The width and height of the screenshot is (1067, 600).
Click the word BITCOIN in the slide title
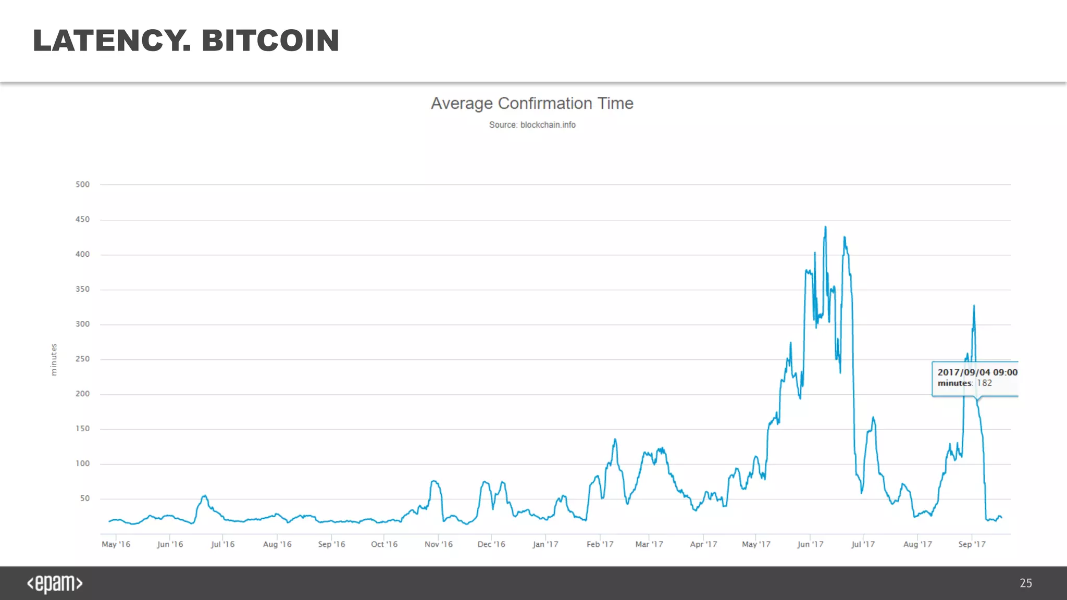(270, 41)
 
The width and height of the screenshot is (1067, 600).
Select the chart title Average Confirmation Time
(532, 103)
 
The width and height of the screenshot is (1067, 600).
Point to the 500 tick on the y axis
(82, 184)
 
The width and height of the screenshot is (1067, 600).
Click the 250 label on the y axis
(82, 359)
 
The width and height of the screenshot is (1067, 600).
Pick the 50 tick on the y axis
(84, 498)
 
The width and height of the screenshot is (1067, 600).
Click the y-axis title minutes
(54, 359)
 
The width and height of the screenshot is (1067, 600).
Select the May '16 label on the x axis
(116, 544)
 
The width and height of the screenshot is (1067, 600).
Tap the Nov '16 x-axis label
(438, 544)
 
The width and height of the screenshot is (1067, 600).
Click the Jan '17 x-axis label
(545, 544)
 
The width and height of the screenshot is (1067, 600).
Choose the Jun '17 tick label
(810, 544)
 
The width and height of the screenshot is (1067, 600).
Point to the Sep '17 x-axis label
(972, 544)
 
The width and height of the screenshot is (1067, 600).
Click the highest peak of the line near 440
(825, 228)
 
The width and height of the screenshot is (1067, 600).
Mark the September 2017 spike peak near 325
(974, 306)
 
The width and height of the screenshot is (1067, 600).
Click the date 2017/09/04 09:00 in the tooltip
(977, 372)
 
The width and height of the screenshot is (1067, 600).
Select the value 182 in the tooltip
(984, 383)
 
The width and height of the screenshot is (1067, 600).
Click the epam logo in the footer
(55, 583)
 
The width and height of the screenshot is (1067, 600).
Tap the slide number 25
(1025, 583)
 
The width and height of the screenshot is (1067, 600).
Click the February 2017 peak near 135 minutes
(615, 440)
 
